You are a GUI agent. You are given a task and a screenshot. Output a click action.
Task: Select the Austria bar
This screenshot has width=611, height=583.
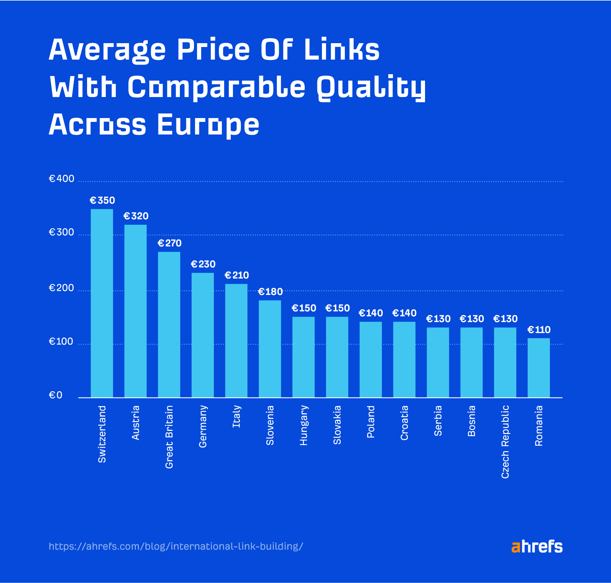(x=135, y=311)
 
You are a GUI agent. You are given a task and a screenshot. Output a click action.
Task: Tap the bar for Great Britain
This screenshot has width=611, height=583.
(x=169, y=324)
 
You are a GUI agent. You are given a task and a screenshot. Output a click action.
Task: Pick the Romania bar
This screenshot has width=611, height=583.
(x=538, y=368)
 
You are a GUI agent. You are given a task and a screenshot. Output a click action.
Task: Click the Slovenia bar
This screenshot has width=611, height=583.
(x=270, y=349)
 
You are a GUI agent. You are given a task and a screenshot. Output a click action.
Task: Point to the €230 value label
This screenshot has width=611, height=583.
(x=203, y=264)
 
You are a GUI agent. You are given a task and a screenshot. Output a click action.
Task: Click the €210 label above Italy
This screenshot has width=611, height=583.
(x=236, y=275)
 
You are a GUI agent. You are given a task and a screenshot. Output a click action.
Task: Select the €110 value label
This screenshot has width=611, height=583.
(x=538, y=330)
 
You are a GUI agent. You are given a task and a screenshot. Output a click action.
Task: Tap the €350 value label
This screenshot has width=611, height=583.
(x=102, y=200)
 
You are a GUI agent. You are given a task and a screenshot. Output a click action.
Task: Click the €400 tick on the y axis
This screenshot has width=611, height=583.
(x=61, y=179)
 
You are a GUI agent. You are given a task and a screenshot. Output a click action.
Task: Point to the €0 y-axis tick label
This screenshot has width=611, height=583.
(x=55, y=395)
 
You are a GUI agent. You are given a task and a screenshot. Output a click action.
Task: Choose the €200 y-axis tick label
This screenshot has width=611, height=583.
(x=61, y=288)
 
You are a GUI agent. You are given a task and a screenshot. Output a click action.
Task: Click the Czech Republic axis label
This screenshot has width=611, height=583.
(x=505, y=442)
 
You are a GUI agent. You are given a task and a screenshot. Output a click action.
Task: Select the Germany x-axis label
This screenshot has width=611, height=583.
(x=203, y=426)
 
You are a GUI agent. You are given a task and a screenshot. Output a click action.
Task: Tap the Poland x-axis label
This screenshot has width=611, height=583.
(x=370, y=422)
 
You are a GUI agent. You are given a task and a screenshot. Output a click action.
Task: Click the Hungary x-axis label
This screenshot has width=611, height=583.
(x=303, y=425)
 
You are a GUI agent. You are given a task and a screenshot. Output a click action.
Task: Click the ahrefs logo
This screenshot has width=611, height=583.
(x=537, y=547)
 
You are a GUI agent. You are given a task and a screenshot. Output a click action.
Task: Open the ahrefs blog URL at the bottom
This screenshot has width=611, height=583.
(x=176, y=546)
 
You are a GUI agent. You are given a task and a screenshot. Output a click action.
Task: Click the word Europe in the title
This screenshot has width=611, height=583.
(x=208, y=125)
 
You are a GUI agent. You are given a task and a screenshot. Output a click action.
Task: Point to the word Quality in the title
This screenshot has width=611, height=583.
(x=371, y=87)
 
